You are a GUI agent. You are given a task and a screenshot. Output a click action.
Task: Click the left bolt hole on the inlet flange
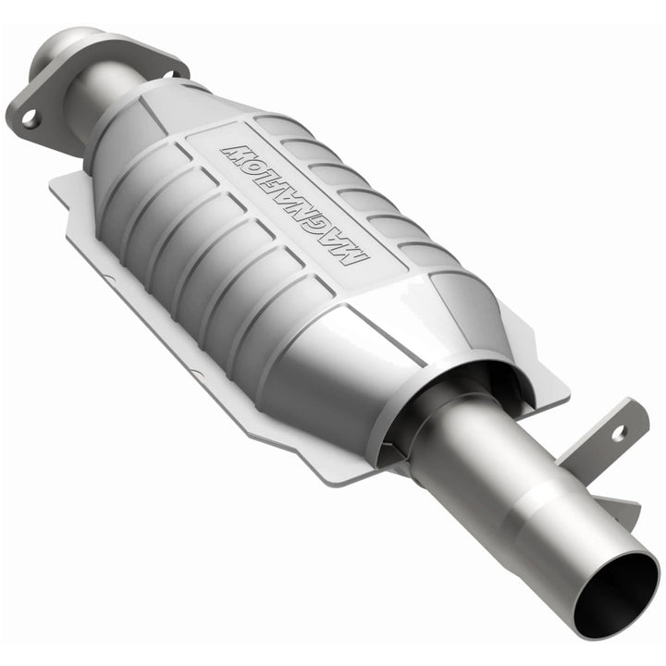tap(30, 117)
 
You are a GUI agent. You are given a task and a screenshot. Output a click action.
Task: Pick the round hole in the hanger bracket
tap(618, 431)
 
